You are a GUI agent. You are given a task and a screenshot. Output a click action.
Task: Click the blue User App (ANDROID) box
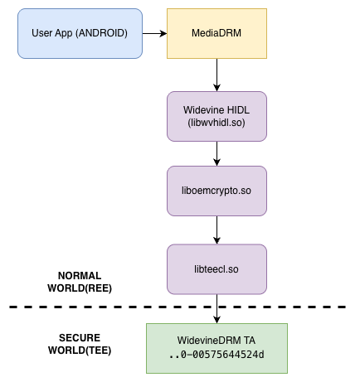[x=80, y=33]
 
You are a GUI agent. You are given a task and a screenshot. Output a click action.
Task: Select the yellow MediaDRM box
[x=216, y=33]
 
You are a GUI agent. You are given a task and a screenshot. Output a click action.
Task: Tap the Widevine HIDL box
[x=216, y=116]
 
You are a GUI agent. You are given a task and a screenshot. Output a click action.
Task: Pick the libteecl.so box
[x=216, y=268]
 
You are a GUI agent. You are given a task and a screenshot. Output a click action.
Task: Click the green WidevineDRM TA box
[x=216, y=347]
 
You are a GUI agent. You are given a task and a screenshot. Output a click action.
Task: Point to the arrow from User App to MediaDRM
[x=154, y=33]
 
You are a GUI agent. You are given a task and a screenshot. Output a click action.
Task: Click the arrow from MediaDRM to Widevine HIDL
[x=216, y=75]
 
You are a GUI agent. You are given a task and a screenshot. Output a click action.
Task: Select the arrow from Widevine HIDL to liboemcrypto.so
[x=216, y=153]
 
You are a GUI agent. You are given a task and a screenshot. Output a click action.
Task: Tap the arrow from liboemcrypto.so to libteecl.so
[x=216, y=230]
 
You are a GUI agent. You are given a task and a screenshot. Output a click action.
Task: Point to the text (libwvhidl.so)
[x=216, y=123]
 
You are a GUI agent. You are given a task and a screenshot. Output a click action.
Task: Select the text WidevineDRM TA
[x=216, y=341]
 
